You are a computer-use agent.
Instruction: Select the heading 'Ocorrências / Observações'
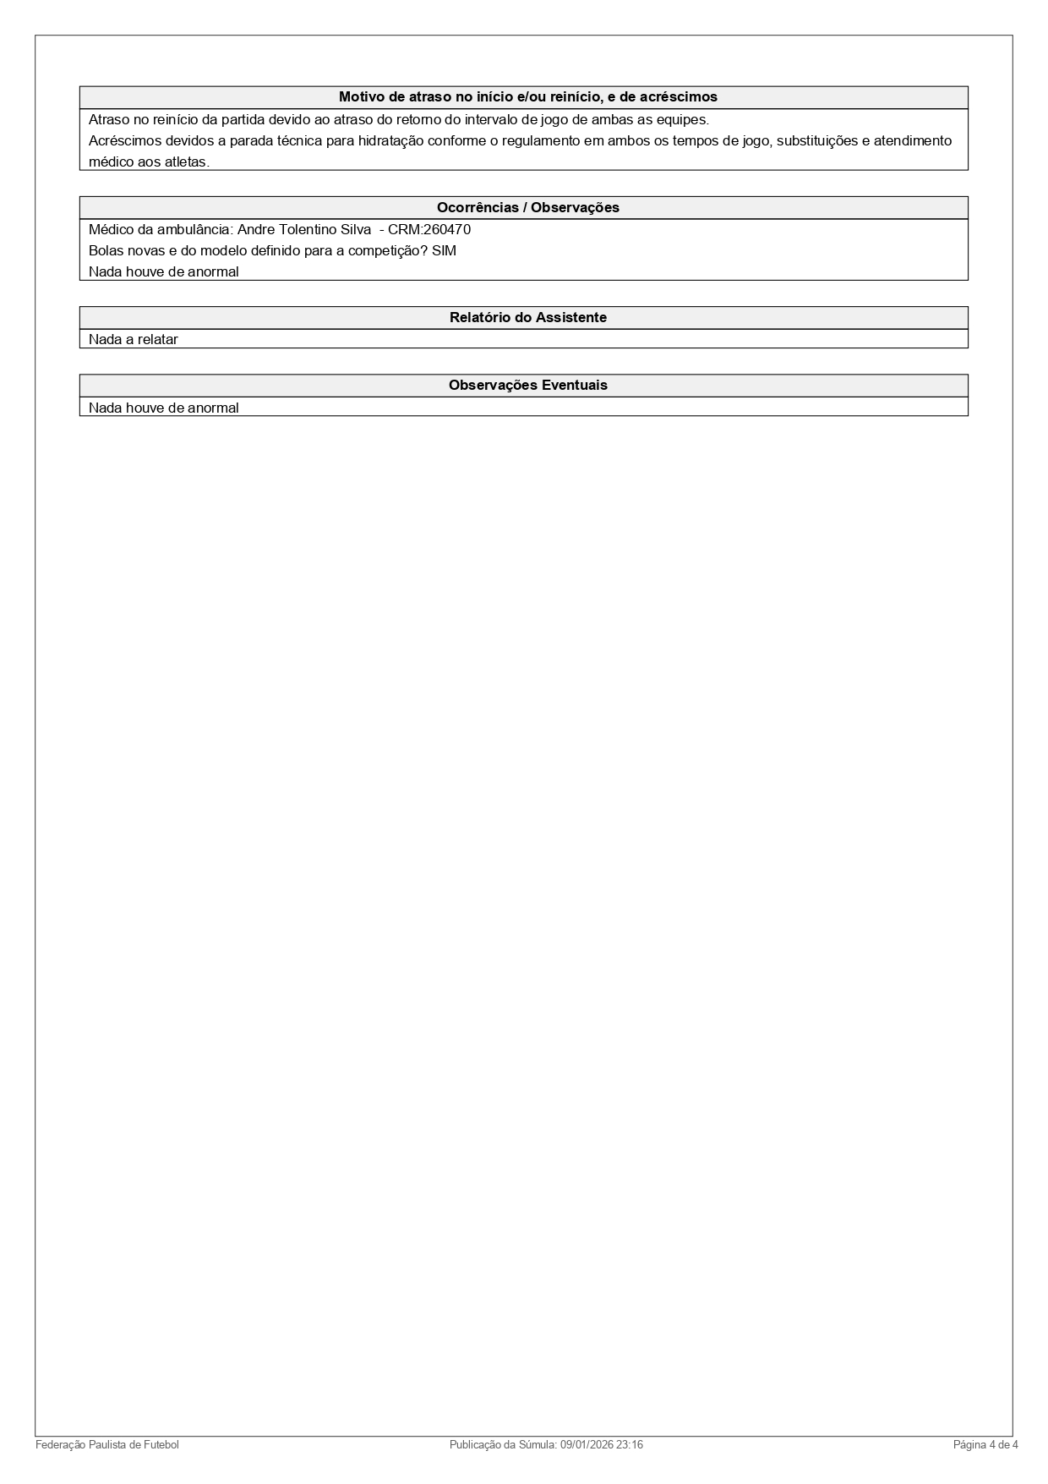pos(527,208)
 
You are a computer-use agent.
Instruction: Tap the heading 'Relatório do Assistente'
pos(527,318)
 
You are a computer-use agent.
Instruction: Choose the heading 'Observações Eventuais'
pos(527,386)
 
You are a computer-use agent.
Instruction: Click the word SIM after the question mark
pos(444,251)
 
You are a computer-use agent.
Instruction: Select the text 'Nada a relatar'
pos(134,340)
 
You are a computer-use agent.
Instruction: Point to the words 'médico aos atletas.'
pos(149,162)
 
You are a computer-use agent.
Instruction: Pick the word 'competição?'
pos(391,251)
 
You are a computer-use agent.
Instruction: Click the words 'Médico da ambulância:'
pos(161,230)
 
